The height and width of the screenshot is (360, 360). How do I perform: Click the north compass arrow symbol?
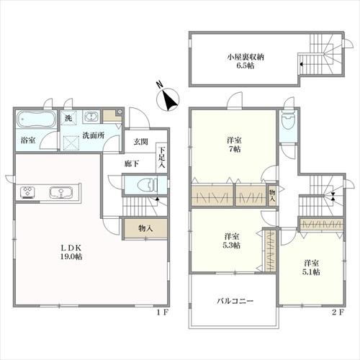click(168, 99)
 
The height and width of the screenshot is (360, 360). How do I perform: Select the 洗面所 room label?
click(94, 135)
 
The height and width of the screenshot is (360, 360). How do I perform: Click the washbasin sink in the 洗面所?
click(91, 117)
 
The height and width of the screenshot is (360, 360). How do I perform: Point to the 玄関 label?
click(140, 142)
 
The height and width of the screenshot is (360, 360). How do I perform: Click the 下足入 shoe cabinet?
click(162, 158)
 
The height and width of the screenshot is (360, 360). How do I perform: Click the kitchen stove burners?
click(28, 192)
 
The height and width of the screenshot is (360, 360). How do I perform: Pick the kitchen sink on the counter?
click(60, 192)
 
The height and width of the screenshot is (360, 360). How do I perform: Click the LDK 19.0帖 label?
click(71, 252)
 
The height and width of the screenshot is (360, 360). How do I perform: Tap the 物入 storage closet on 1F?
click(145, 228)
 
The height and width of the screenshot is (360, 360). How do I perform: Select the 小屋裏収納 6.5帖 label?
click(246, 61)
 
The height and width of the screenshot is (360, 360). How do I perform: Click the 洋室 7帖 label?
click(234, 145)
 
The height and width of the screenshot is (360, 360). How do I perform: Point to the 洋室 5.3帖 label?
click(232, 241)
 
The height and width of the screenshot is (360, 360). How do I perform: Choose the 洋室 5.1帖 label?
click(312, 268)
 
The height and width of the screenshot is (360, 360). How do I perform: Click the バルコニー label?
click(235, 301)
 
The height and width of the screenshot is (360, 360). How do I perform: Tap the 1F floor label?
click(163, 312)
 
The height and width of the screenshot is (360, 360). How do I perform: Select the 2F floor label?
click(338, 312)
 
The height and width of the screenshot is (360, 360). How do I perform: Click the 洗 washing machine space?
click(68, 118)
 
